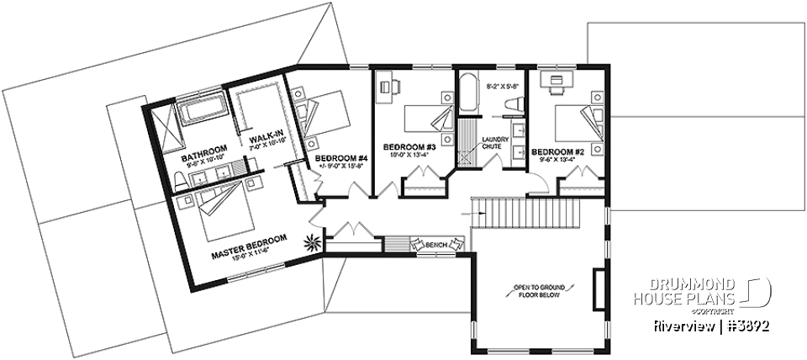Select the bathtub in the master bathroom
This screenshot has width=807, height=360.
pos(202,109)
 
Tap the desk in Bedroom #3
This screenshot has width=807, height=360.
pos(388,85)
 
